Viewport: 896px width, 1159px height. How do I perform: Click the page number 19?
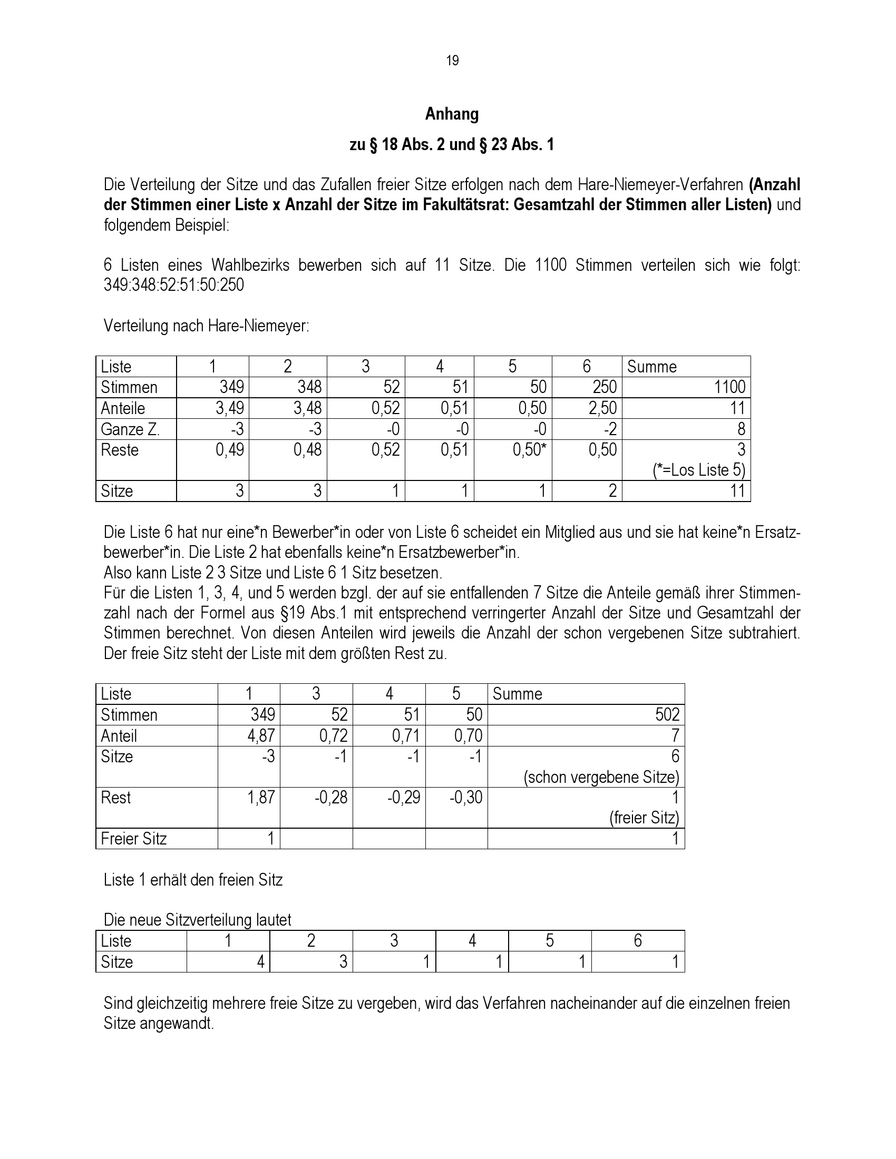452,61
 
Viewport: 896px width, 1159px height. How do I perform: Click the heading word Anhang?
452,114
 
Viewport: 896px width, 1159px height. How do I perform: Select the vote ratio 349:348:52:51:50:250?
173,285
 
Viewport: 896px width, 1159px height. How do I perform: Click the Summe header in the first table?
652,367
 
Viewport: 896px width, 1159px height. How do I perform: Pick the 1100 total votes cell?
729,387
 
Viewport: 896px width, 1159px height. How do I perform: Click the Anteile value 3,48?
307,408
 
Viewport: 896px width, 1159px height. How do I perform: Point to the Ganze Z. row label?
130,429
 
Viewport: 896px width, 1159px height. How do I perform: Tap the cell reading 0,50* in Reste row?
529,450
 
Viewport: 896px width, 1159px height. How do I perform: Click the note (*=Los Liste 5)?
699,470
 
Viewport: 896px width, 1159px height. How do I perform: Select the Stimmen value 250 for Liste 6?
604,387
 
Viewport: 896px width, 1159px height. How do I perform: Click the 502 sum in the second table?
667,714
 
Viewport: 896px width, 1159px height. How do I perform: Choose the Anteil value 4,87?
262,735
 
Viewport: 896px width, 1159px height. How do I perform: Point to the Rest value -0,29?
403,797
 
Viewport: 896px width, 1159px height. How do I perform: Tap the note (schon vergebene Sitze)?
601,778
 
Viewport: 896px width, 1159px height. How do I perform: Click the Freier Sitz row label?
134,839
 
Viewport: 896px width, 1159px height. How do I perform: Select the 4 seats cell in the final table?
260,961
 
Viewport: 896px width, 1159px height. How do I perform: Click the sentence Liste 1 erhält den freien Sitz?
193,880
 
